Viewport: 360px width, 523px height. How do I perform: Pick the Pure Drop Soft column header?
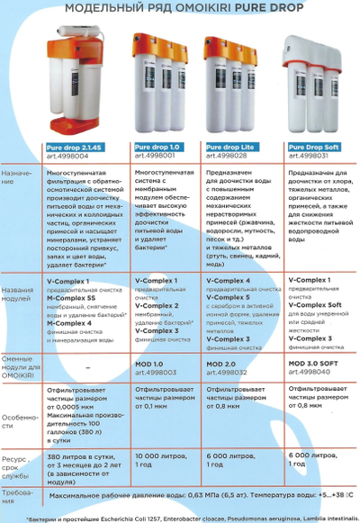click(x=311, y=147)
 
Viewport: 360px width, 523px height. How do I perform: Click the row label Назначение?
click(x=19, y=180)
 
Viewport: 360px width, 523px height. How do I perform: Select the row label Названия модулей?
click(x=19, y=297)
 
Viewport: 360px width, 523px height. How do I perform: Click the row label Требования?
click(x=20, y=494)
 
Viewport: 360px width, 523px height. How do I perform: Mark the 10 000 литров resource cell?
click(x=157, y=456)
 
